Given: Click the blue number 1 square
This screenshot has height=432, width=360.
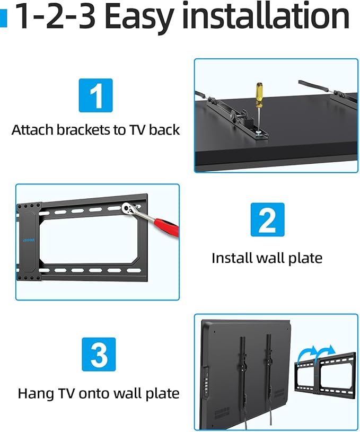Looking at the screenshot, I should [x=95, y=95].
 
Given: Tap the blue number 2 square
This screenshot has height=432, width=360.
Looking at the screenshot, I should [x=267, y=219].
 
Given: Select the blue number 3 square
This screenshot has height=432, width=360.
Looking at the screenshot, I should [x=99, y=354].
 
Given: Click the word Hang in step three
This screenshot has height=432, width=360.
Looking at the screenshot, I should [x=36, y=393].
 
